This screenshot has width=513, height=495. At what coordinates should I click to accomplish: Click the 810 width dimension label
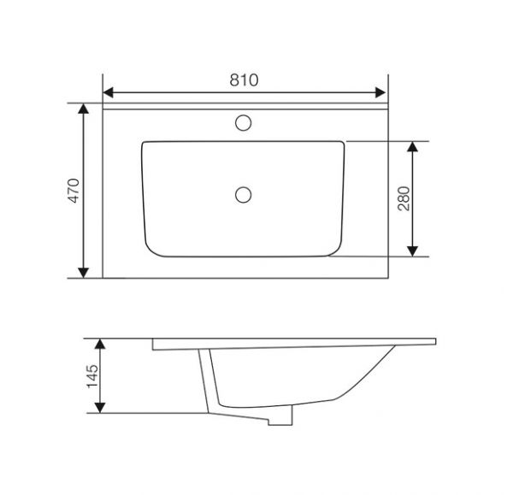(x=244, y=80)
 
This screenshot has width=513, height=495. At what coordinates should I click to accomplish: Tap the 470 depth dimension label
(x=74, y=191)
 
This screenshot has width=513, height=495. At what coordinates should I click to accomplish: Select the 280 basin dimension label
(x=404, y=198)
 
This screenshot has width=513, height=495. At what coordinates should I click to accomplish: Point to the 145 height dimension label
(x=92, y=376)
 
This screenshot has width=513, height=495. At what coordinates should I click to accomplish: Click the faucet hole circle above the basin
(x=244, y=123)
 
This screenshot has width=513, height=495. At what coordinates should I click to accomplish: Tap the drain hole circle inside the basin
(x=244, y=195)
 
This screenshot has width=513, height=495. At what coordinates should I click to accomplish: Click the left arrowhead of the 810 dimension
(x=109, y=92)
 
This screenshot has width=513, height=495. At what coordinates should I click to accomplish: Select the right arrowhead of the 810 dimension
(x=380, y=92)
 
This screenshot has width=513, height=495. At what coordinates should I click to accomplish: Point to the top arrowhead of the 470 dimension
(x=84, y=109)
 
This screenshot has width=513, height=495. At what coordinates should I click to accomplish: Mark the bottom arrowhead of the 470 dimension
(x=84, y=273)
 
